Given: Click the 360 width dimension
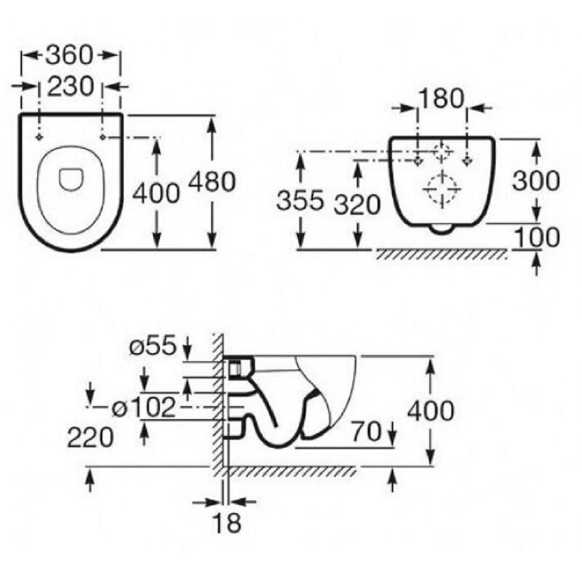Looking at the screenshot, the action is (69, 55).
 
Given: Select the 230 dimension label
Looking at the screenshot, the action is (71, 87).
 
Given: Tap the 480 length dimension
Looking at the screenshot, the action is (212, 181).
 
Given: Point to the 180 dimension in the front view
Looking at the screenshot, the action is (442, 98).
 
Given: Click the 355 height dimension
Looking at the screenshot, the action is (300, 201).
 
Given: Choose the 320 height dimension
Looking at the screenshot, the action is (357, 204).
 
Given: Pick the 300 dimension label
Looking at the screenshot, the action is (536, 180).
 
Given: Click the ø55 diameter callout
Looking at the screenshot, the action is (152, 346).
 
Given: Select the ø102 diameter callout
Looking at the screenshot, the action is (143, 407).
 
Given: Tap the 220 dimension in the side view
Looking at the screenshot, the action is (90, 437).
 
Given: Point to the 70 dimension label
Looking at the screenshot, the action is (367, 431).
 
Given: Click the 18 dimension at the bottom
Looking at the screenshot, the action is (227, 522).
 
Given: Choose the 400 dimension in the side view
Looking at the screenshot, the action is (431, 410).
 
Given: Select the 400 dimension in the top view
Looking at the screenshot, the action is (156, 194).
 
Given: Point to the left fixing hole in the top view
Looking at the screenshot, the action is (39, 137).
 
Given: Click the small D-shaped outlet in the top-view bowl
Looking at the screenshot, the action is (71, 180).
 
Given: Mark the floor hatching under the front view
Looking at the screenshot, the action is (441, 254).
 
